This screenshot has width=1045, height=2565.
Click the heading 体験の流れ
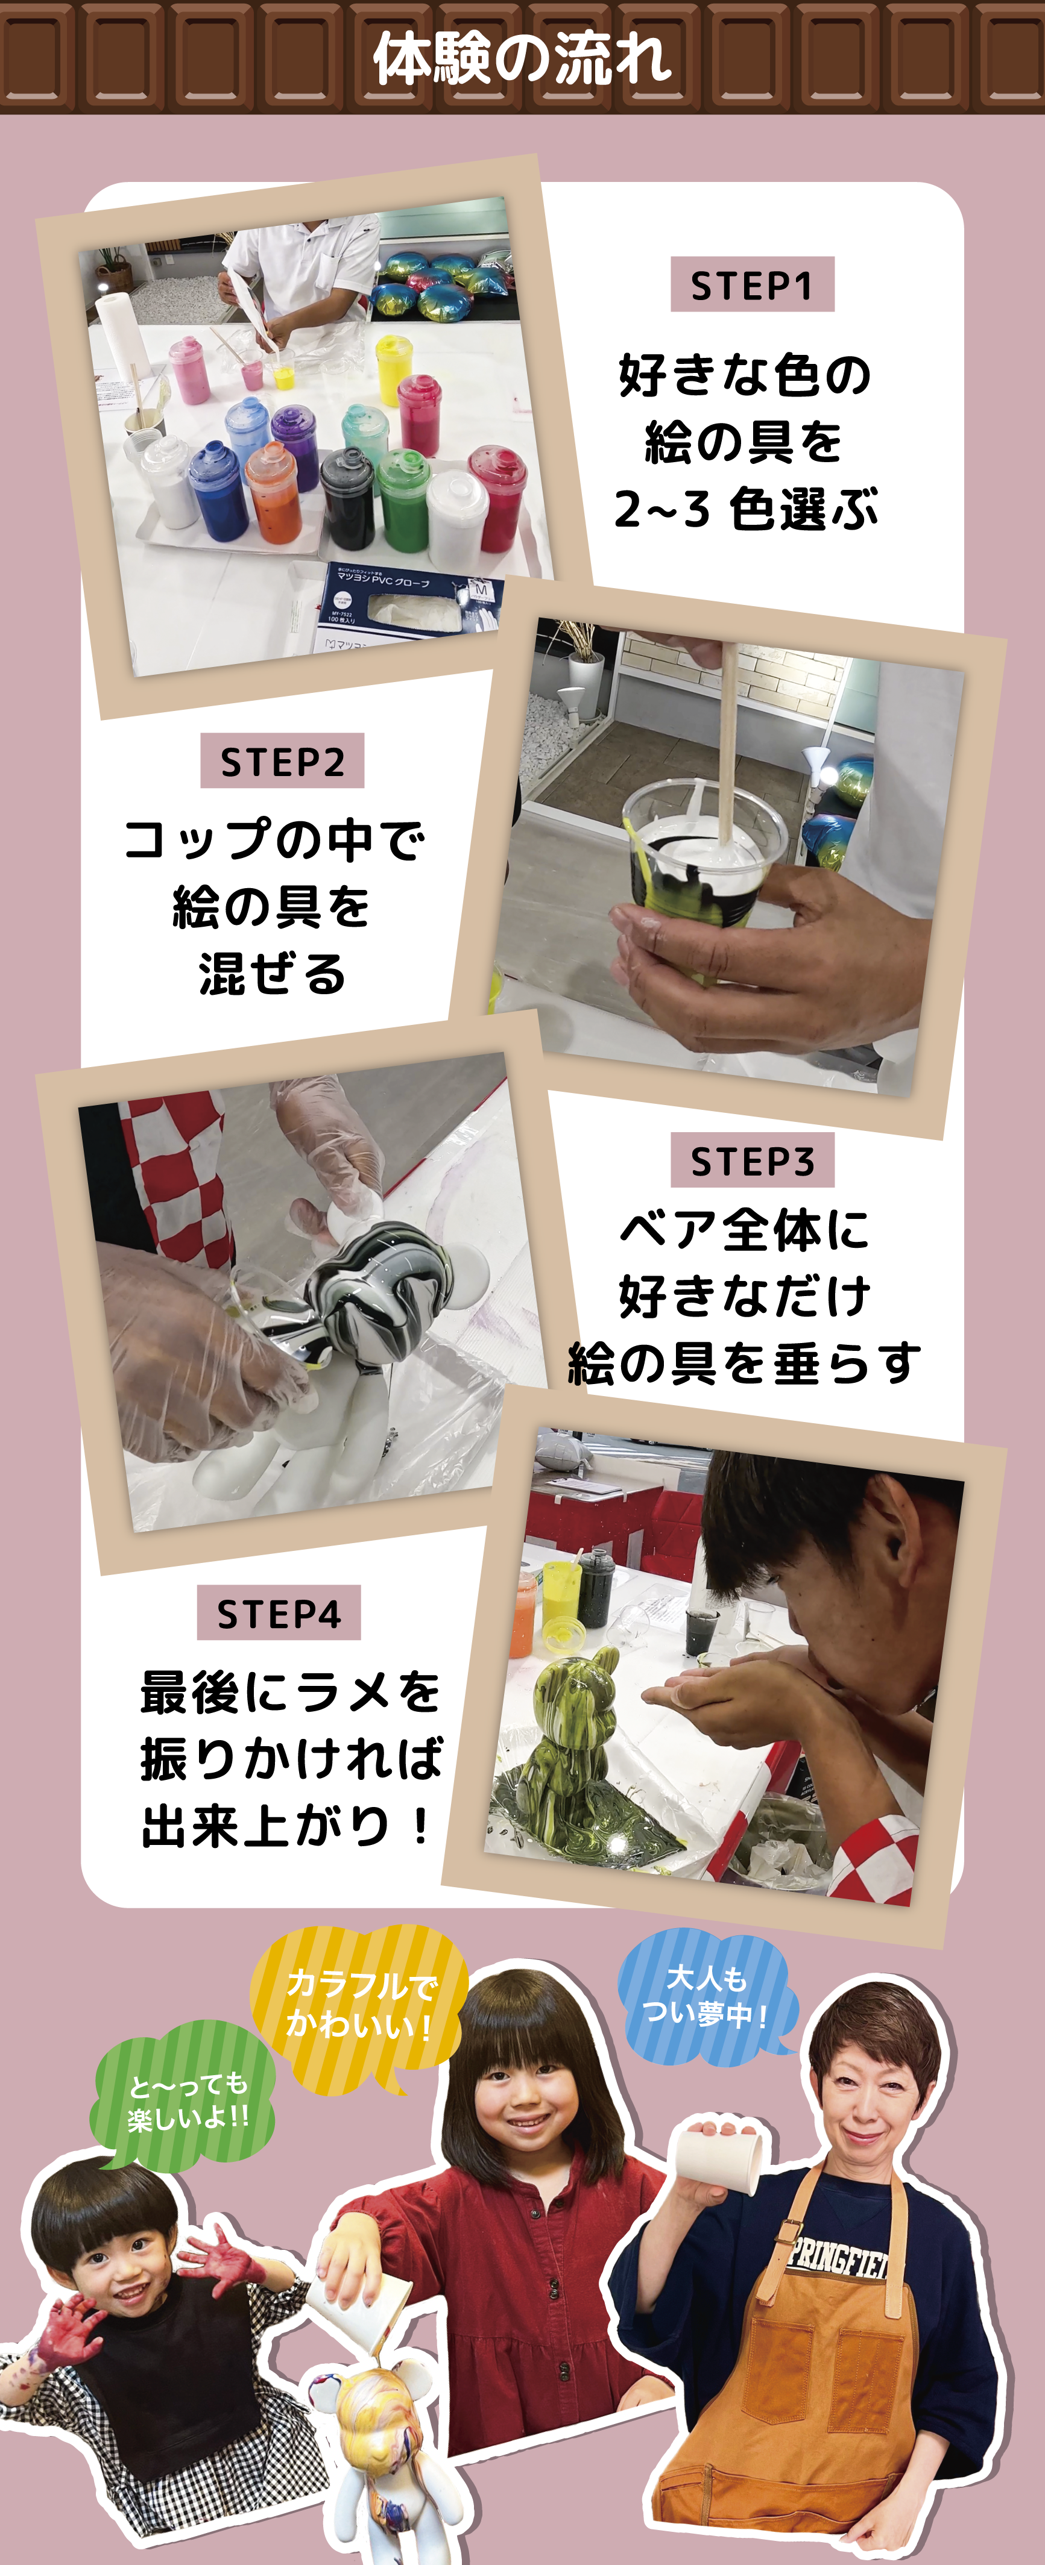pos(522,58)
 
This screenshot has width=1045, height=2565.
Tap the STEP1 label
pos(752,285)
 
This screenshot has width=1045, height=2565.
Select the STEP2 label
pos(282,761)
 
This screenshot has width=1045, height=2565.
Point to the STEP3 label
pos(752,1160)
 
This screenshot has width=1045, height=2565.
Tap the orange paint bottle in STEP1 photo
pos(274,491)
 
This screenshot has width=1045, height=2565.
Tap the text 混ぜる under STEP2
pos(272,973)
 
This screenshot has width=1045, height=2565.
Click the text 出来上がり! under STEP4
pos(286,1825)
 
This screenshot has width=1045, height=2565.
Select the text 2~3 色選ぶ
pos(745,509)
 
